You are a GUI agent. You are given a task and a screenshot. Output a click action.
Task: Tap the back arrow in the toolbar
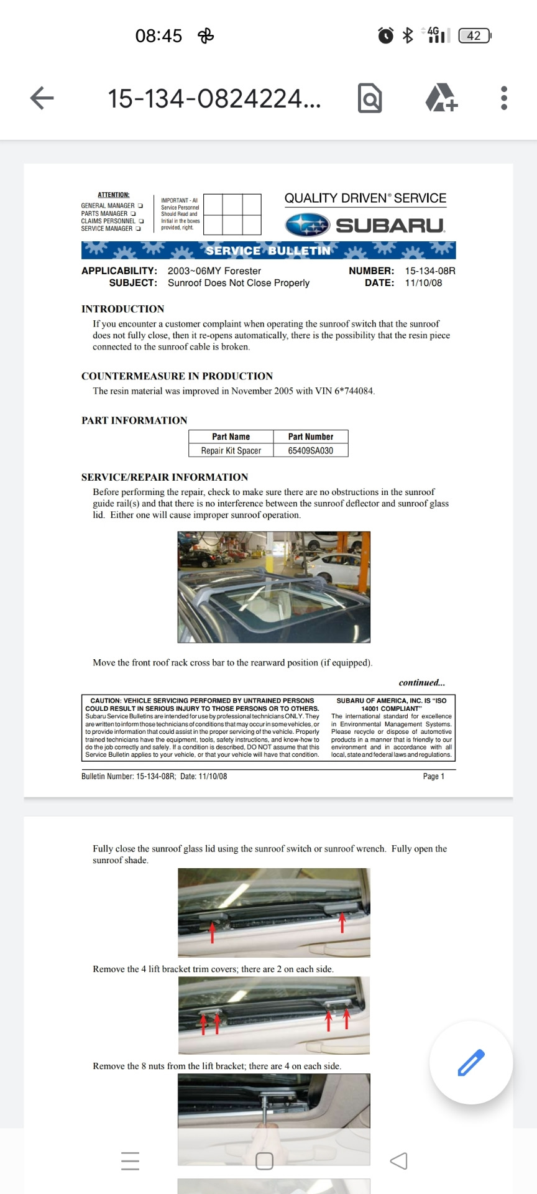tap(42, 98)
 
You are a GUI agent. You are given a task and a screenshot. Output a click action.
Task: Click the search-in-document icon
tap(370, 98)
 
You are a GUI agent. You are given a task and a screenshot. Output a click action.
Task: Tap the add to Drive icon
tap(441, 98)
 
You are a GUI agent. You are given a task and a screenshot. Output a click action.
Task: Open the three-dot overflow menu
tap(504, 98)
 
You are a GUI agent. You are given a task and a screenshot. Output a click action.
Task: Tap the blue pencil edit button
tap(471, 1062)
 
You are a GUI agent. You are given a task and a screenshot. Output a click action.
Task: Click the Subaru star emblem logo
tap(307, 224)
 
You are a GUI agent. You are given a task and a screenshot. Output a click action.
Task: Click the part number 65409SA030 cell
tap(311, 450)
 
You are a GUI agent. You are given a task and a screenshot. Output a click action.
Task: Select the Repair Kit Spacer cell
tap(231, 450)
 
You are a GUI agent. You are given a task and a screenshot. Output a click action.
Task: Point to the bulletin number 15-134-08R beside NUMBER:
tap(430, 271)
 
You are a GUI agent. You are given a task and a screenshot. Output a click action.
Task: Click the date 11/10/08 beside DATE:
tap(423, 282)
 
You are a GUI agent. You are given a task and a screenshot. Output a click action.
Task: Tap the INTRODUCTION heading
tap(123, 308)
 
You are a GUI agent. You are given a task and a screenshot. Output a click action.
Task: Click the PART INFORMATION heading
tap(134, 420)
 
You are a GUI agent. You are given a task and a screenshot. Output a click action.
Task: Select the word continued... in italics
tap(421, 682)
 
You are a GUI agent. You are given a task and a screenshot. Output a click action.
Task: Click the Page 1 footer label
tap(433, 776)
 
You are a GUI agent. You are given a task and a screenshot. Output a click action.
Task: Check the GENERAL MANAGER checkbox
tap(140, 206)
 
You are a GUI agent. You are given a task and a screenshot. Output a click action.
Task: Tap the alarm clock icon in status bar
tap(386, 35)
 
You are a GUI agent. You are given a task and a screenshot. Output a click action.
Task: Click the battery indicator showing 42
tap(474, 35)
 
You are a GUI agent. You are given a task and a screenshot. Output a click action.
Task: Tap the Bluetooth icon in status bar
tap(408, 35)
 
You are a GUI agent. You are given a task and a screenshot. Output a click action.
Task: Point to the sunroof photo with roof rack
tap(274, 586)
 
